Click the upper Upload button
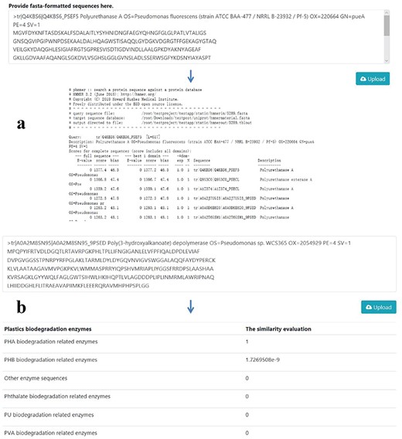coord(373,78)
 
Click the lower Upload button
coord(373,307)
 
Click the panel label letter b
coord(22,308)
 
